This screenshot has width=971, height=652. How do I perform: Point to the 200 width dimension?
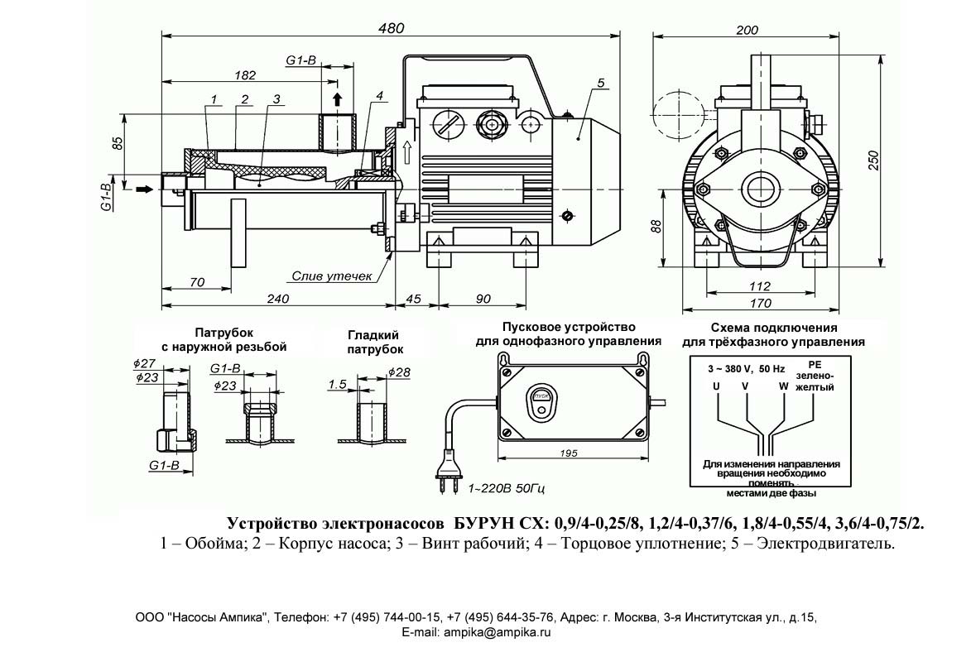coord(747,30)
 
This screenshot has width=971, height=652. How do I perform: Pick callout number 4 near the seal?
coord(378,96)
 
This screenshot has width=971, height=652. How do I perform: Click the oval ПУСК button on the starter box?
coord(542,396)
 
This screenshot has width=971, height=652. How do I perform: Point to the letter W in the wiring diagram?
coord(782,386)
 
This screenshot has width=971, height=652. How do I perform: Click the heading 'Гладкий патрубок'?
coord(373,342)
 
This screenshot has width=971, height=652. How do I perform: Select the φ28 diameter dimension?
coord(399,372)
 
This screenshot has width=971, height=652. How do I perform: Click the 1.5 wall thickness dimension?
coord(336,384)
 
